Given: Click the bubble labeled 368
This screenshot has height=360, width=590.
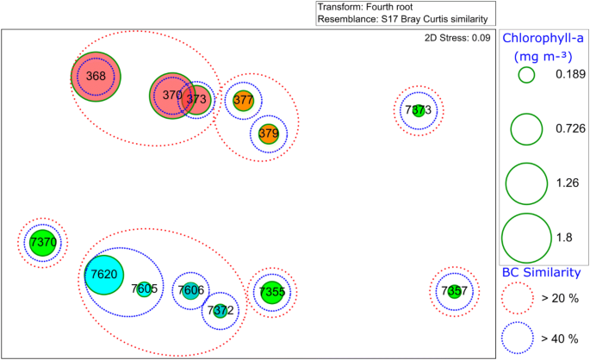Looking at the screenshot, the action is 96,77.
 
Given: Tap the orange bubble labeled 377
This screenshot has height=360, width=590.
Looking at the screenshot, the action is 244,101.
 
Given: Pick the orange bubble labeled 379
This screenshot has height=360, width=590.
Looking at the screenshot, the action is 268,133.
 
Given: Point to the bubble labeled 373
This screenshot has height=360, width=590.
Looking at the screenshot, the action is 198,99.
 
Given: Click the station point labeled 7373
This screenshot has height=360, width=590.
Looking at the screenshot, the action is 418,110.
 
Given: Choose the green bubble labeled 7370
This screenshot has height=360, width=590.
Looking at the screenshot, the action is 43,243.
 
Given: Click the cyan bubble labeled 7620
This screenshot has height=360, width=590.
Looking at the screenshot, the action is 104,274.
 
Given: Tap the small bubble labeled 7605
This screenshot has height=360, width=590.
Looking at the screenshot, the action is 144,289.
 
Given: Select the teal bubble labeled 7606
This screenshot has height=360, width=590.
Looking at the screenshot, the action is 190,290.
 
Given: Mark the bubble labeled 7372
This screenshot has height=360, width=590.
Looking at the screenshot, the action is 220,310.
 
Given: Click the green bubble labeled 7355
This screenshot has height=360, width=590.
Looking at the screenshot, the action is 271,292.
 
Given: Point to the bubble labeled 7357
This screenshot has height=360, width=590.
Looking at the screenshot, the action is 454,291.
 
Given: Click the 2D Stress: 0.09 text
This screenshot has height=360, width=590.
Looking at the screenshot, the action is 458,38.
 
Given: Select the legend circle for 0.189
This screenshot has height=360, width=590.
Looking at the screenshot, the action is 526,75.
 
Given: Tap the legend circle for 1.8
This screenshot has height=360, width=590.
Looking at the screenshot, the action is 526,237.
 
